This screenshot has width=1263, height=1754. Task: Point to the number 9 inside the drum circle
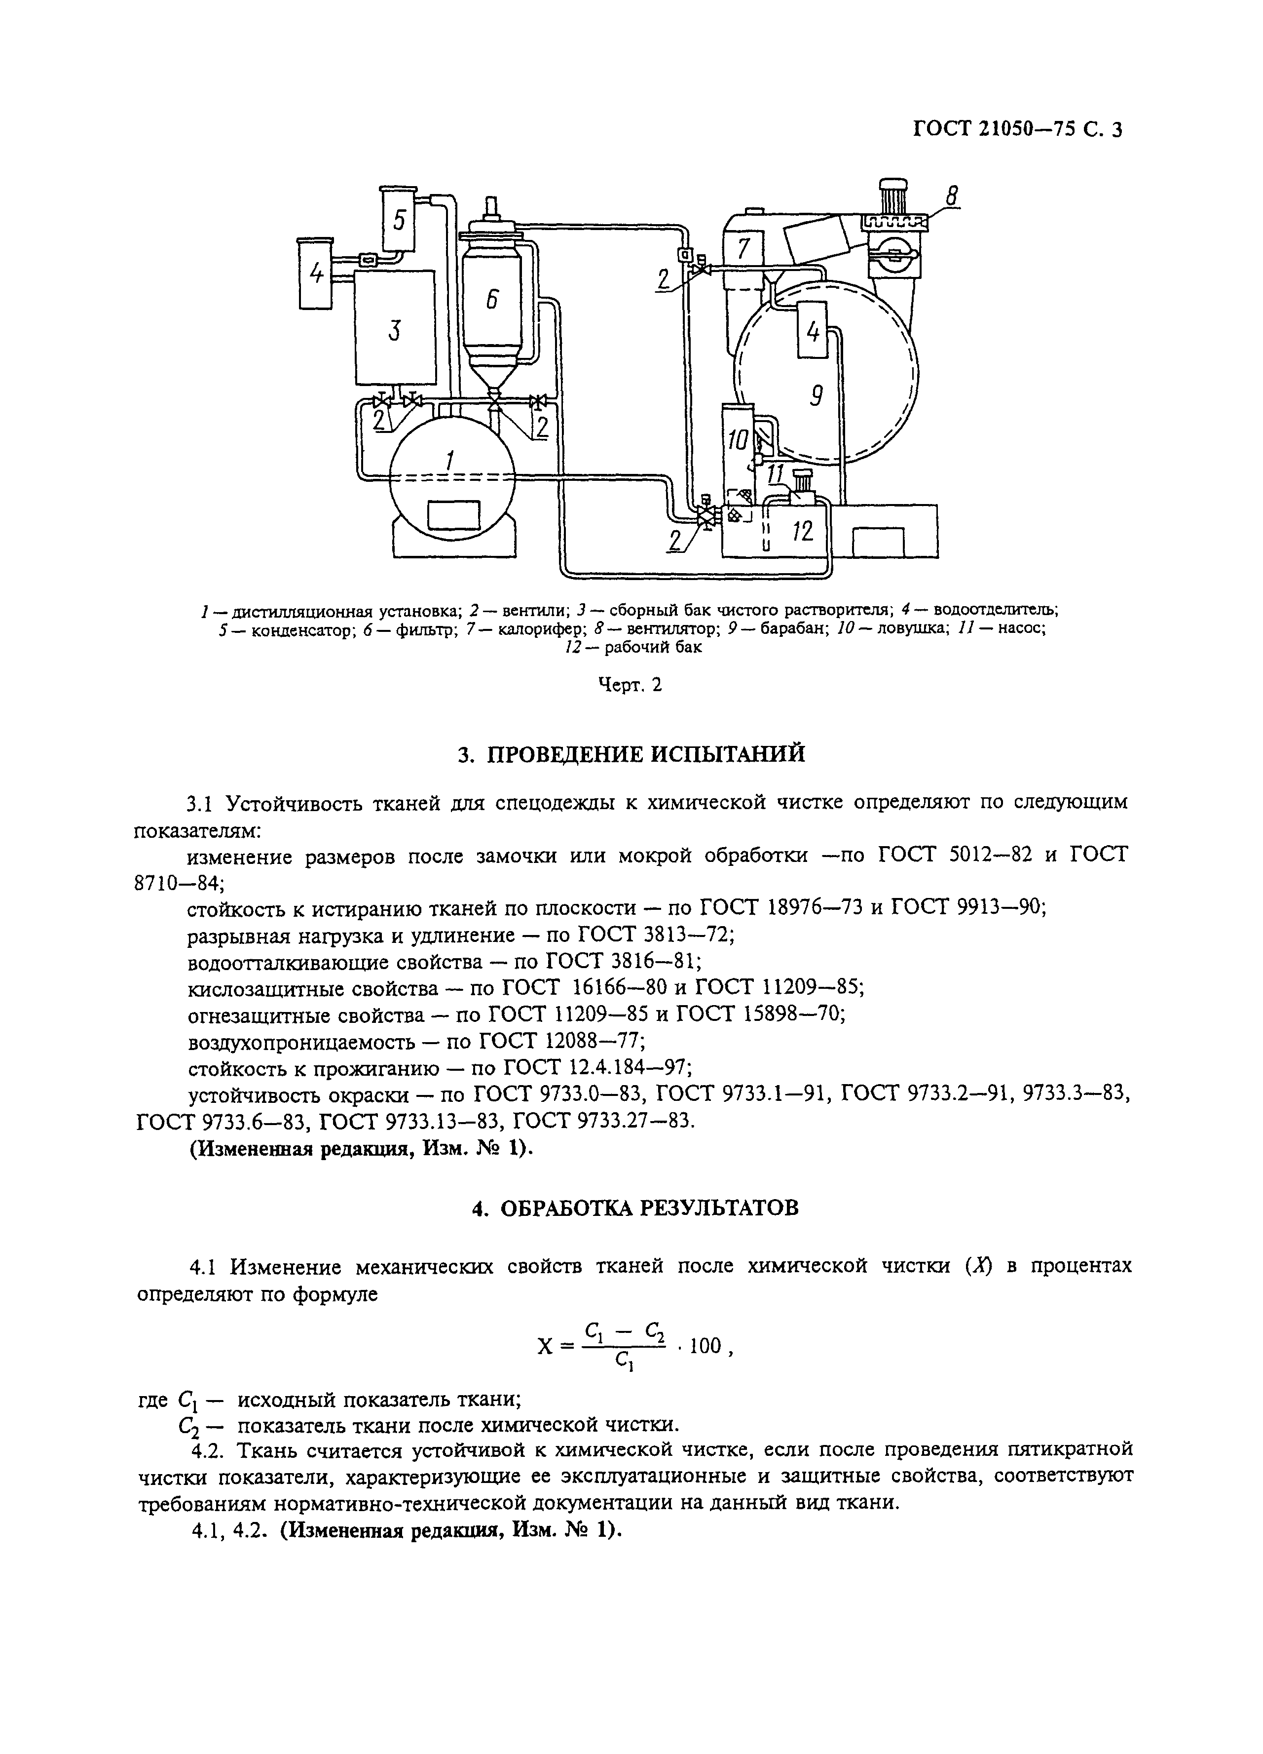click(816, 396)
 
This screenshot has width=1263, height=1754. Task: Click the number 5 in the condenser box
click(399, 220)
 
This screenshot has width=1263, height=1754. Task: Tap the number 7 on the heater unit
click(743, 249)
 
